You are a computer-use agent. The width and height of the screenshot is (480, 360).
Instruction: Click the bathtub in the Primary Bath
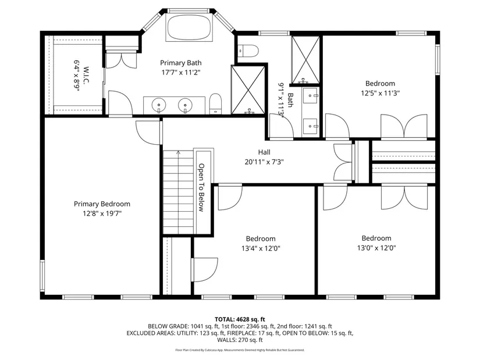(189, 27)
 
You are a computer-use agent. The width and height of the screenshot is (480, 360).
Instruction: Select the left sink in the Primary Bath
(159, 105)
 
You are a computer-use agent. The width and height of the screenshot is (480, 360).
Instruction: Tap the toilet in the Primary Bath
(215, 104)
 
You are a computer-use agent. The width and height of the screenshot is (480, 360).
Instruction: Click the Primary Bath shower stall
(248, 90)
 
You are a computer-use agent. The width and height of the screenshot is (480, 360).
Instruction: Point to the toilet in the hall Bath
(248, 51)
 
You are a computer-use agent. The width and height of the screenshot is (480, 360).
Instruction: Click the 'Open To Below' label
(201, 187)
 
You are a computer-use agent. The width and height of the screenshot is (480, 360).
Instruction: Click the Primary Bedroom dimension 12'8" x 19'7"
(102, 213)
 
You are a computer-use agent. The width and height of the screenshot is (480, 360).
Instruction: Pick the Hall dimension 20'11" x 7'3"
(264, 162)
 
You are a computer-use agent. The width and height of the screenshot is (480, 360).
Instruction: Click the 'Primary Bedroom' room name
(102, 204)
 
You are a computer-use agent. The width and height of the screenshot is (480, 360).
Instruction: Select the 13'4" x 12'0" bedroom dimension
(261, 248)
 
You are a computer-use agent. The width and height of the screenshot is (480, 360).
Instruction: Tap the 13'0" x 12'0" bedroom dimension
(376, 248)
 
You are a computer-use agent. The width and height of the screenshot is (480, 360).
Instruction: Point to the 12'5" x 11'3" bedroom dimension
(380, 93)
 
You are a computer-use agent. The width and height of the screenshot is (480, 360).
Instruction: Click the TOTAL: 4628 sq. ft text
(240, 320)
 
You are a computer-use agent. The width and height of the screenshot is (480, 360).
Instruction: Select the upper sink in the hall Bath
(311, 96)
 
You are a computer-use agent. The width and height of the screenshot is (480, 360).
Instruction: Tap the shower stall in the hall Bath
(305, 59)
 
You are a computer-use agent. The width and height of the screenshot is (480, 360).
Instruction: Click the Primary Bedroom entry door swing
(148, 133)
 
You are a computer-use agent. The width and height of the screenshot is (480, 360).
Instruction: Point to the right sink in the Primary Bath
(186, 105)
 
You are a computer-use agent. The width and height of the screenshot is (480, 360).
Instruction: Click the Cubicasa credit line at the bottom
(240, 350)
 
